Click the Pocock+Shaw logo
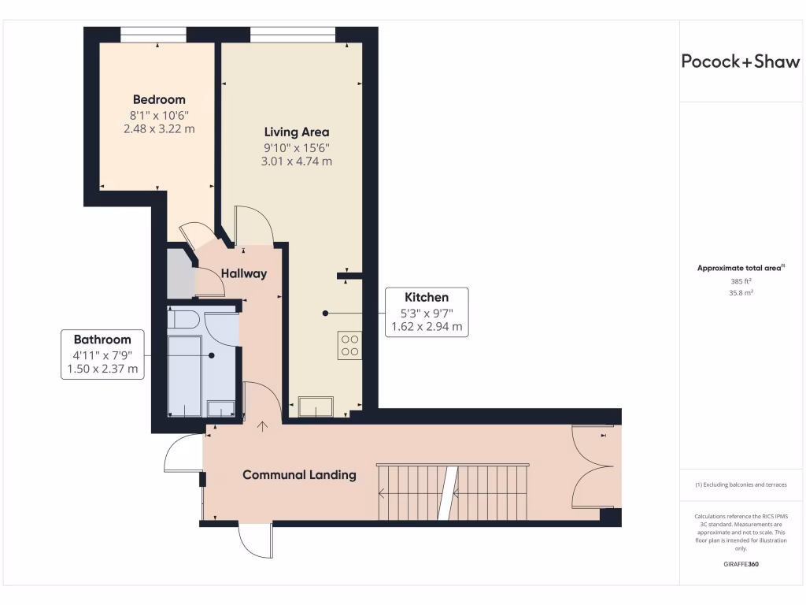pyautogui.click(x=740, y=62)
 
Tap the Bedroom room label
pyautogui.click(x=159, y=100)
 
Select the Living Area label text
pyautogui.click(x=296, y=132)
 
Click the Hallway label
pyautogui.click(x=243, y=274)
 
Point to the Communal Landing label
pyautogui.click(x=299, y=475)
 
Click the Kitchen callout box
pyautogui.click(x=427, y=312)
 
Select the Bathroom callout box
pyautogui.click(x=102, y=354)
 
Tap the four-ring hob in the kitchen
pyautogui.click(x=349, y=345)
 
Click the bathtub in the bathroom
pyautogui.click(x=185, y=374)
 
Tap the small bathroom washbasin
pyautogui.click(x=220, y=408)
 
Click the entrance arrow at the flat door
pyautogui.click(x=262, y=426)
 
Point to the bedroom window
pyautogui.click(x=153, y=35)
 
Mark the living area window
pyautogui.click(x=292, y=35)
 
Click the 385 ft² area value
pyautogui.click(x=741, y=281)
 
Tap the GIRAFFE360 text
pyautogui.click(x=740, y=564)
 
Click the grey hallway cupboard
pyautogui.click(x=180, y=273)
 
